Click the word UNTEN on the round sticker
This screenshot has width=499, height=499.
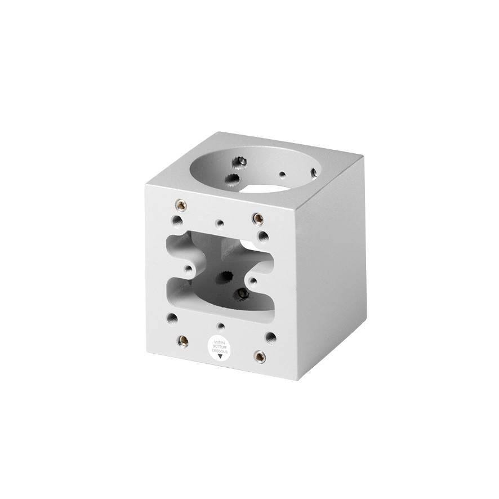220,341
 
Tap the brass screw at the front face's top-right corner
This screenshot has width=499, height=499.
257,217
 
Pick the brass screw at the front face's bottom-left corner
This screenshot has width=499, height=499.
183,340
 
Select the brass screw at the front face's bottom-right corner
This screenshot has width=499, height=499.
260,356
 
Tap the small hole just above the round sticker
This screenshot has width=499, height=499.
221,326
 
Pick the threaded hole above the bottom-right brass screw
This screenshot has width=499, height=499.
271,337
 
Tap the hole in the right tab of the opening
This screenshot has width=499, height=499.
254,279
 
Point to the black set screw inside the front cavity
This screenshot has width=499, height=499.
243,293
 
